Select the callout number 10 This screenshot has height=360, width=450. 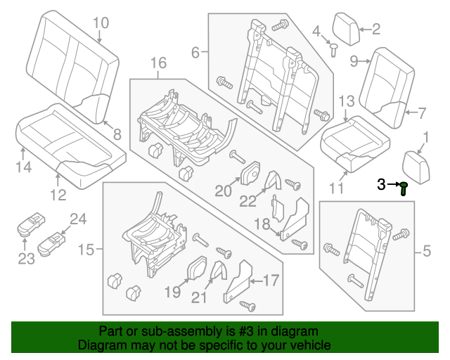tap(101, 23)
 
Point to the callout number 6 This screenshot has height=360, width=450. tap(196, 51)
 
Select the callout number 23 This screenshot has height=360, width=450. tap(26, 259)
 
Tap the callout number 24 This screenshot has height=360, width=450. tap(77, 219)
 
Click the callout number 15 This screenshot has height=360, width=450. tap(86, 250)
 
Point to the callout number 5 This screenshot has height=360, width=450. tap(426, 250)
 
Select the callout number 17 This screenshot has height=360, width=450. tap(271, 281)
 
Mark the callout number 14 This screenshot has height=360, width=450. tap(23, 167)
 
